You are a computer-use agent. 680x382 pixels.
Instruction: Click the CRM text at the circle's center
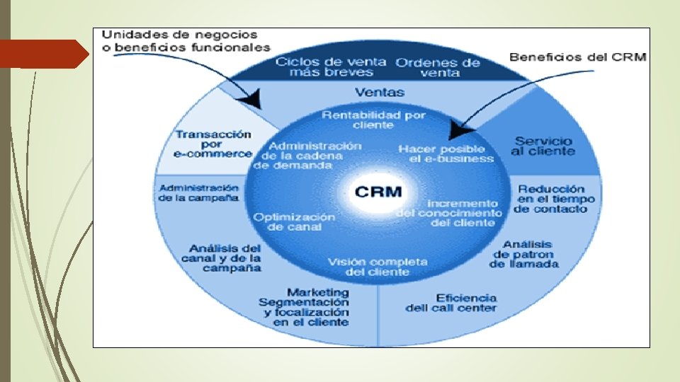click(x=378, y=191)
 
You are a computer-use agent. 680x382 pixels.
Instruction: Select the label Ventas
click(x=380, y=92)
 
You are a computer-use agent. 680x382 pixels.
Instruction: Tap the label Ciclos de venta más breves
click(x=331, y=67)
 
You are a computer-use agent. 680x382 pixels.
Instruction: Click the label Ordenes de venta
click(x=438, y=67)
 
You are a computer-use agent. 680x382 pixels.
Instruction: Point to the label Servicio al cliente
click(x=544, y=146)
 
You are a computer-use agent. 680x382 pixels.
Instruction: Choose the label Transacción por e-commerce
click(x=213, y=144)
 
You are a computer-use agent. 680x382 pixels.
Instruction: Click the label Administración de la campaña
click(x=199, y=193)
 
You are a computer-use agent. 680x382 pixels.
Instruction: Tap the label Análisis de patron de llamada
click(x=524, y=254)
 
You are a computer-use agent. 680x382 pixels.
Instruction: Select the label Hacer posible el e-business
click(x=446, y=154)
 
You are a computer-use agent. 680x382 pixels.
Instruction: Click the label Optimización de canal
click(x=293, y=221)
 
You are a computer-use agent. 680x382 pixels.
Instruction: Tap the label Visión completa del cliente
click(x=378, y=267)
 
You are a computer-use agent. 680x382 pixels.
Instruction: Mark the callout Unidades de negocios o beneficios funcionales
click(x=186, y=40)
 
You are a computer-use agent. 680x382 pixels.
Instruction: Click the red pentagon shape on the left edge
click(x=42, y=54)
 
